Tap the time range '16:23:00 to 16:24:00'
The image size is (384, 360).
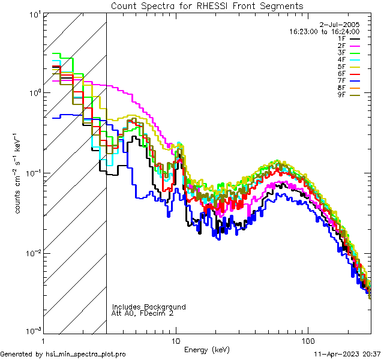(324, 31)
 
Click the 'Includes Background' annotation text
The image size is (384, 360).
(148, 307)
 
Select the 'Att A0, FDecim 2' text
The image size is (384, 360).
(143, 313)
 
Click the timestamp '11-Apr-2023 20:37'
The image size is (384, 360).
(347, 354)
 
